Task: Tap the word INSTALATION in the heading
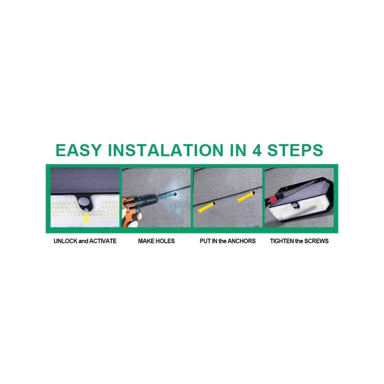[x=165, y=150]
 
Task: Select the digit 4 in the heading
[x=257, y=150]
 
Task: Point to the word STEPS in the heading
[x=295, y=150]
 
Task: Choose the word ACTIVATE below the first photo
[x=103, y=241]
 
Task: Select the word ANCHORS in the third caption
[x=242, y=241]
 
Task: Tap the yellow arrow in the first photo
[x=86, y=218]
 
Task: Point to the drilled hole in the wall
[x=175, y=195]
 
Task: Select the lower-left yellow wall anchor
[x=206, y=207]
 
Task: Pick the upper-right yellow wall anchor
[x=246, y=196]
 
